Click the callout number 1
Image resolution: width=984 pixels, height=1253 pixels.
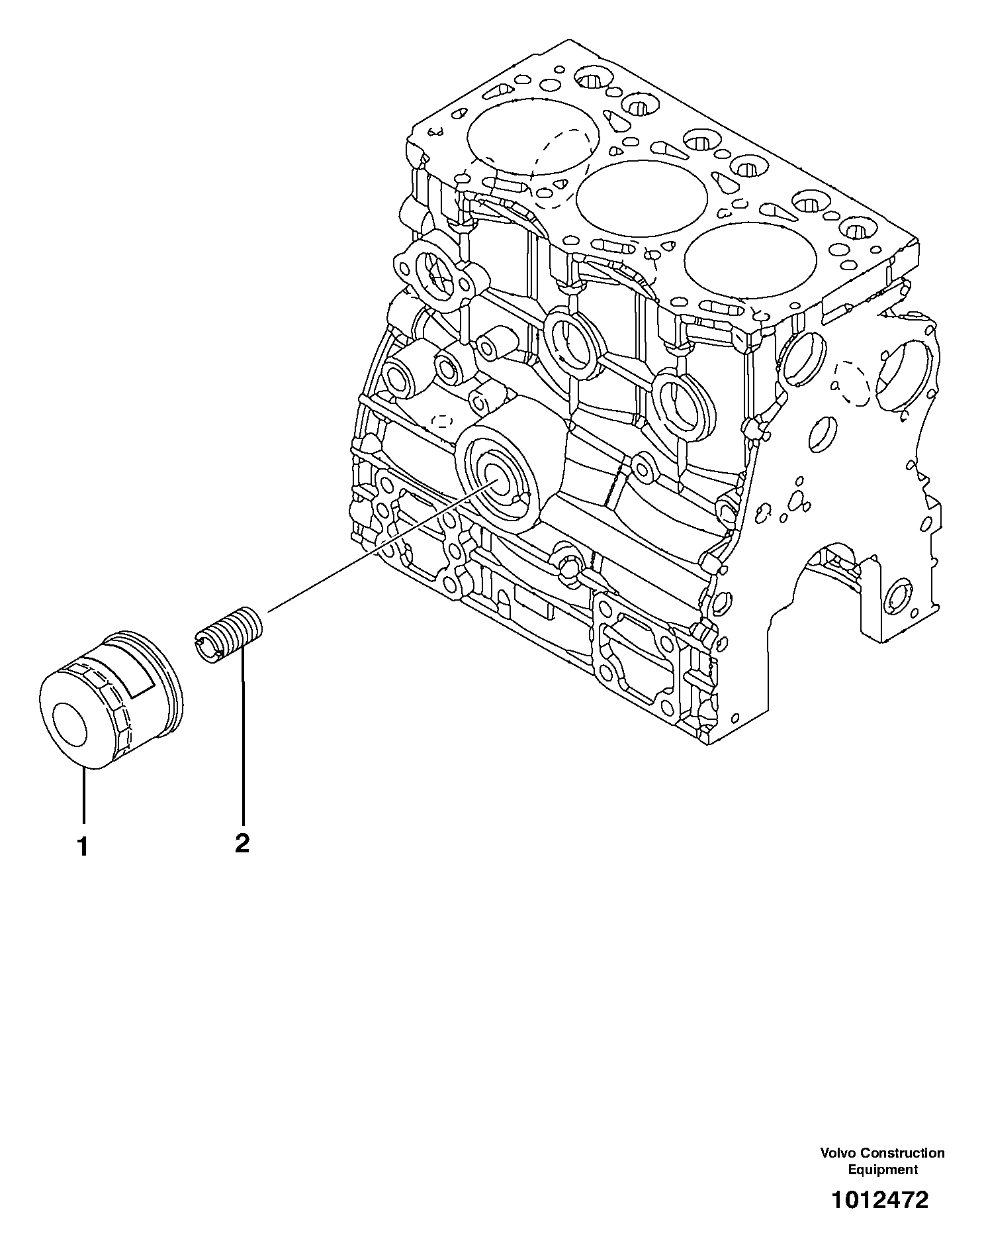click(x=83, y=847)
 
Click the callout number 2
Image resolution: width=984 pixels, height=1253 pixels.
click(x=242, y=843)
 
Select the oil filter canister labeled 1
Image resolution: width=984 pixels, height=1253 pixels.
click(x=109, y=702)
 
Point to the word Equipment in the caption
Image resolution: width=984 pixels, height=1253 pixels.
click(x=883, y=1170)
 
